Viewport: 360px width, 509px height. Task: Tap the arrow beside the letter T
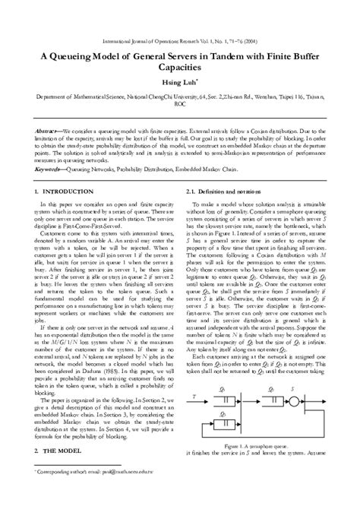point(206,417)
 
